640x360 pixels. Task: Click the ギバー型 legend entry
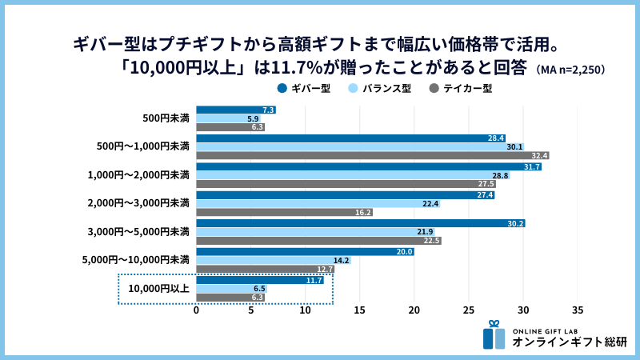click(304, 88)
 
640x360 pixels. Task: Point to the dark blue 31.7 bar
click(369, 166)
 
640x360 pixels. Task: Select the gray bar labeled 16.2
click(284, 213)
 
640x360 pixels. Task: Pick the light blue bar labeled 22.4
click(318, 204)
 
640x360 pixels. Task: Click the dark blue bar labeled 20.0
click(305, 251)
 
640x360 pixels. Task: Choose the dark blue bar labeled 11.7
click(260, 279)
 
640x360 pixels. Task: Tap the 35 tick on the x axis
click(578, 310)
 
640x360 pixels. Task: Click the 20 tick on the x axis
click(414, 310)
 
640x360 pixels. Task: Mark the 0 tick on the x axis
click(197, 310)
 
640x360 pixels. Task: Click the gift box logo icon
click(494, 336)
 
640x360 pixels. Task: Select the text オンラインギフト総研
click(570, 342)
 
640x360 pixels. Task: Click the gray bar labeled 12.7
click(265, 270)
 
